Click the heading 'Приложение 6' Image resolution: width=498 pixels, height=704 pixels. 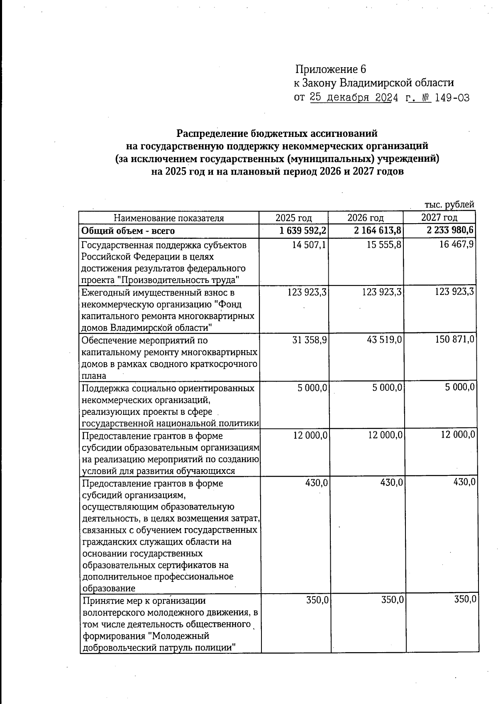click(331, 69)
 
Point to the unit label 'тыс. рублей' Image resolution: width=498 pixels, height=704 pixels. click(449, 205)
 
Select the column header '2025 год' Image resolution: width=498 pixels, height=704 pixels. click(293, 218)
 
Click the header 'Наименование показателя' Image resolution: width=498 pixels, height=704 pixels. click(169, 218)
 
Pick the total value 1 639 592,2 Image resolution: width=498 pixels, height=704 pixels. click(303, 231)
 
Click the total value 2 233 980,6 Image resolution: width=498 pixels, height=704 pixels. click(451, 230)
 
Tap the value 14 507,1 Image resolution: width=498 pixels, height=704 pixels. click(309, 245)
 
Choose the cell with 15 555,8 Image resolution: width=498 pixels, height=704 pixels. click(384, 245)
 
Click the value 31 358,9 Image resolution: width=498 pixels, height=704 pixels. click(309, 340)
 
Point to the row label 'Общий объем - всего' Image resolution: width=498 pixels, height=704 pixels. click(128, 231)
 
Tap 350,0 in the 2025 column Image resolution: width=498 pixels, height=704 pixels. click(317, 600)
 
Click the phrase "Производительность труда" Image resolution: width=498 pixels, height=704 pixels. click(179, 280)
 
